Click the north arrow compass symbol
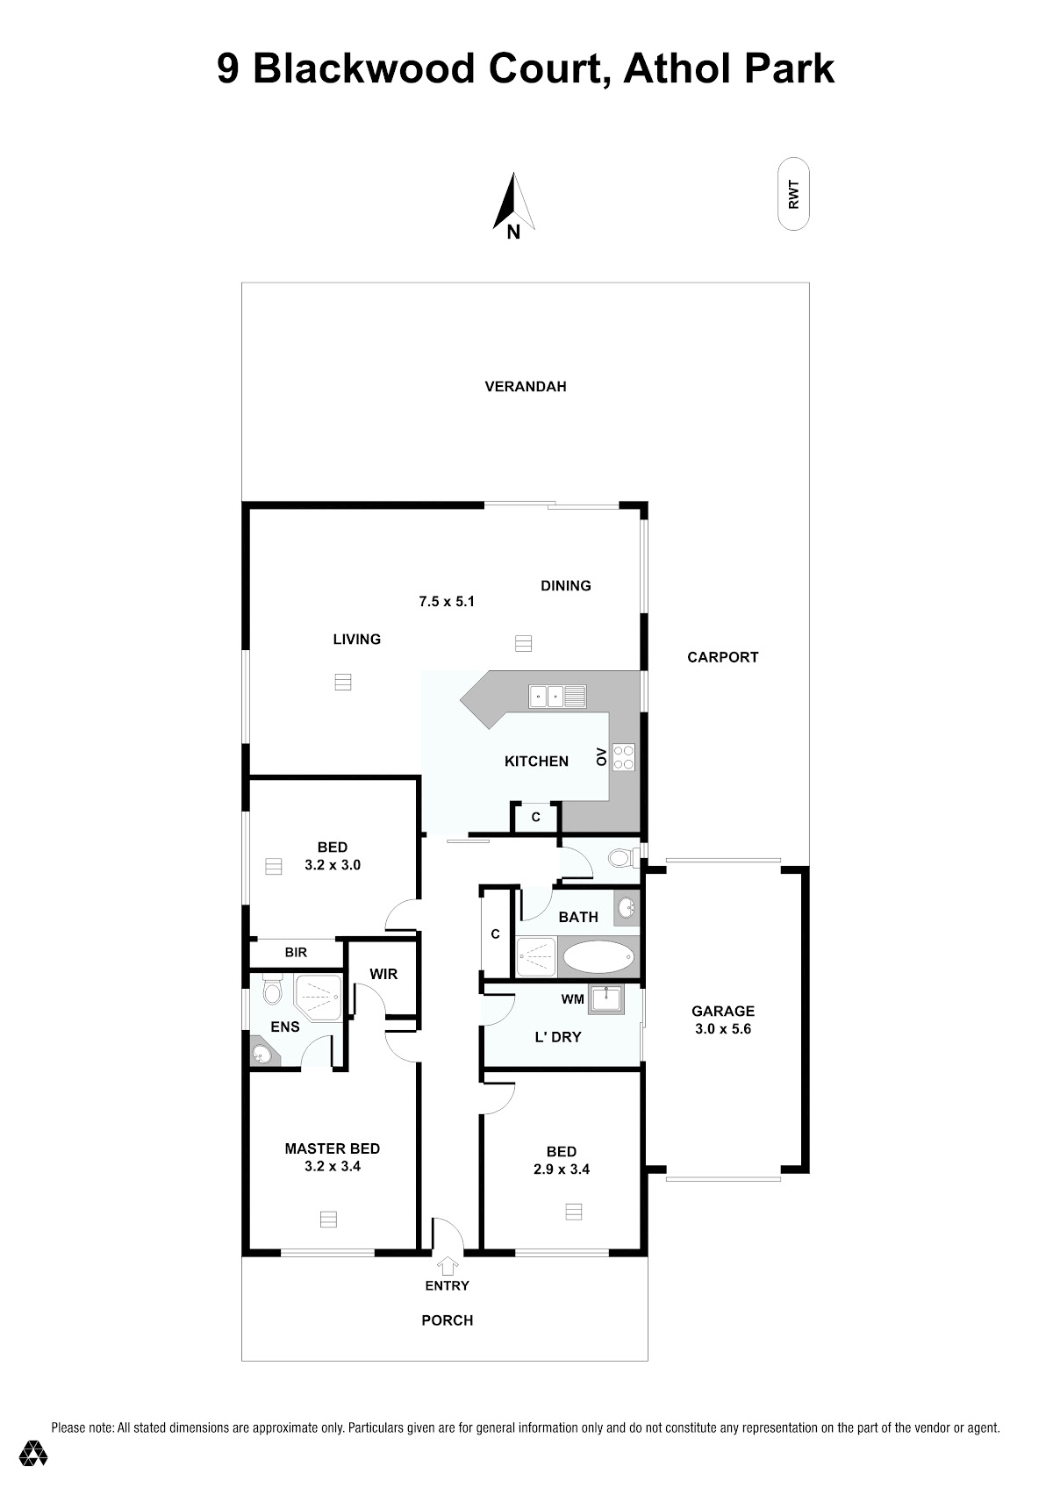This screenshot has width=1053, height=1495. [512, 205]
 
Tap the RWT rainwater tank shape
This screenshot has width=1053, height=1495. [793, 194]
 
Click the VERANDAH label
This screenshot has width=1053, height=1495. [526, 386]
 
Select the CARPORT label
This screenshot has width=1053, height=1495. [722, 657]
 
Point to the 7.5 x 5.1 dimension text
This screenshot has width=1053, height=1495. [446, 601]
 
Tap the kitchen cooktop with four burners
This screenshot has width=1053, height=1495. [624, 757]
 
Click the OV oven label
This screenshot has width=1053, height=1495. [601, 757]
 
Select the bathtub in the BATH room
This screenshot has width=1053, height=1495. [598, 958]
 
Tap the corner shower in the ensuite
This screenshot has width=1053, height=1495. [319, 998]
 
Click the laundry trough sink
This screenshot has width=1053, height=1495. [605, 1000]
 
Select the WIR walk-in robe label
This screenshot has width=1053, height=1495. [383, 975]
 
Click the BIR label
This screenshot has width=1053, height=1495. [296, 953]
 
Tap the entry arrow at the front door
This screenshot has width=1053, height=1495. [448, 1266]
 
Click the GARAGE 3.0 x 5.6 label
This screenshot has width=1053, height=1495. [722, 1019]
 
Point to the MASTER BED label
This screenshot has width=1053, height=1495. [332, 1148]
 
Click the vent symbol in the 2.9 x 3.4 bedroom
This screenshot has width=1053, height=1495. [574, 1212]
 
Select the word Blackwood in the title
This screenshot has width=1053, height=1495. [364, 68]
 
